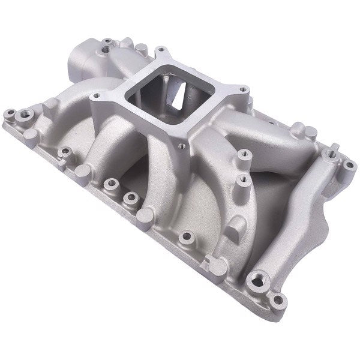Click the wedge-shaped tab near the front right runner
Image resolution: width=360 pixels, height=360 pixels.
[x=233, y=225]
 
